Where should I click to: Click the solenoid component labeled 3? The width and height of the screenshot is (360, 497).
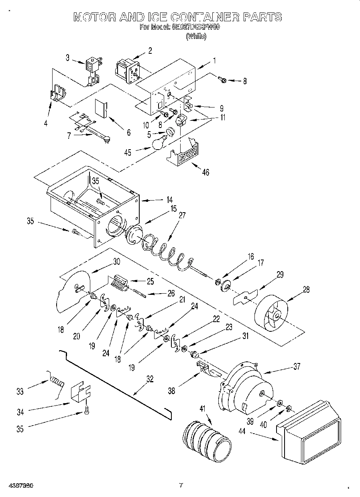(x=92, y=71)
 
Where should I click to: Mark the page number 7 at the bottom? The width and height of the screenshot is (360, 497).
(x=181, y=485)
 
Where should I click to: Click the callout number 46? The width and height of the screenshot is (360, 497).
(x=205, y=173)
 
